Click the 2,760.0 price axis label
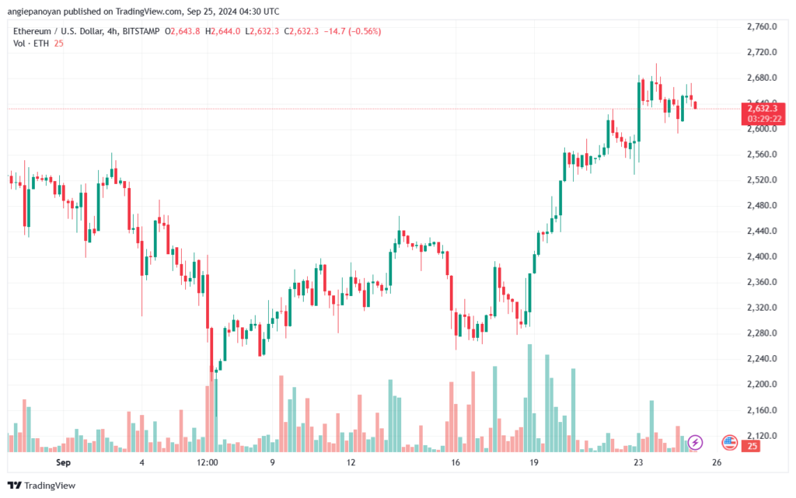762,26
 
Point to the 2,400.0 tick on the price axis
762,256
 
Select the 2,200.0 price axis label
762,385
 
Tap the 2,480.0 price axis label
762,205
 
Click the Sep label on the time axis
63,462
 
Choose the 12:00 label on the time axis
207,462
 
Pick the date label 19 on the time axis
533,462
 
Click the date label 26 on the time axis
716,462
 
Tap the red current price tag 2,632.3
763,109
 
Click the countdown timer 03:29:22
764,119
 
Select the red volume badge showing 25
752,446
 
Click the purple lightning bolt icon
695,443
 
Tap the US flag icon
729,443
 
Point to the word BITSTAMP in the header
141,31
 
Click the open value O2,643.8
182,31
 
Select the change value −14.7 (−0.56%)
352,31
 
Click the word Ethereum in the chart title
32,31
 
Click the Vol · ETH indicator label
31,44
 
